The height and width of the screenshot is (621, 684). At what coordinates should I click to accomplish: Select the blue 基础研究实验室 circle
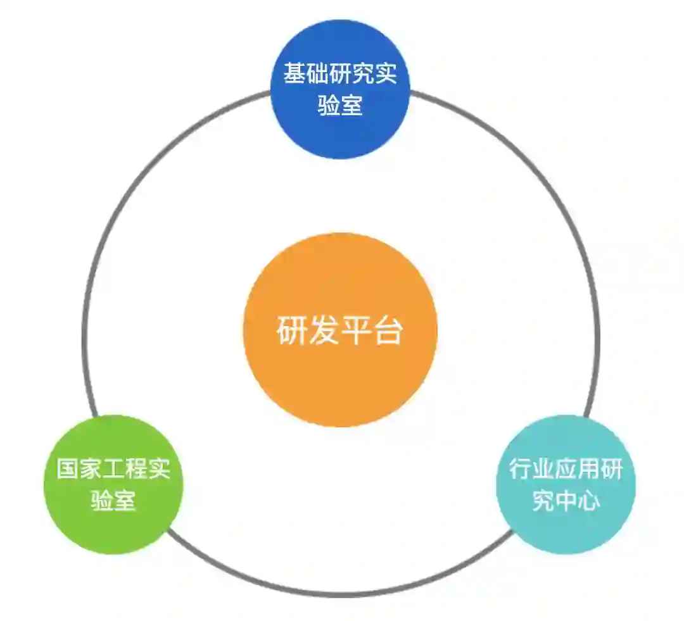point(340,133)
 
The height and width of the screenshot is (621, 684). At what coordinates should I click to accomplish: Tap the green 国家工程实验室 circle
point(113,525)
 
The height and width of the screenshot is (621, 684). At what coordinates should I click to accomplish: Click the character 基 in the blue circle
point(294,73)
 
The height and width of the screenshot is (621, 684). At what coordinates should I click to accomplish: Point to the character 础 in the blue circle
point(317,73)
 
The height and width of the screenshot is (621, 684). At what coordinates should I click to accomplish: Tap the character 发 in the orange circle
point(324,330)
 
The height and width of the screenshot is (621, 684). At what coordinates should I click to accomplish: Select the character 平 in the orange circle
point(356,330)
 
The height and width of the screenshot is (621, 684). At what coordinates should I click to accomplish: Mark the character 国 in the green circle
point(68,469)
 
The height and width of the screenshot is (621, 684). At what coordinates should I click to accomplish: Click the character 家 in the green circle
point(91,469)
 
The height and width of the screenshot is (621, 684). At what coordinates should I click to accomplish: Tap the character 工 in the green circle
point(113,469)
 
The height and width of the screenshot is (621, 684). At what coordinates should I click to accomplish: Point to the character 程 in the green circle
point(136,469)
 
